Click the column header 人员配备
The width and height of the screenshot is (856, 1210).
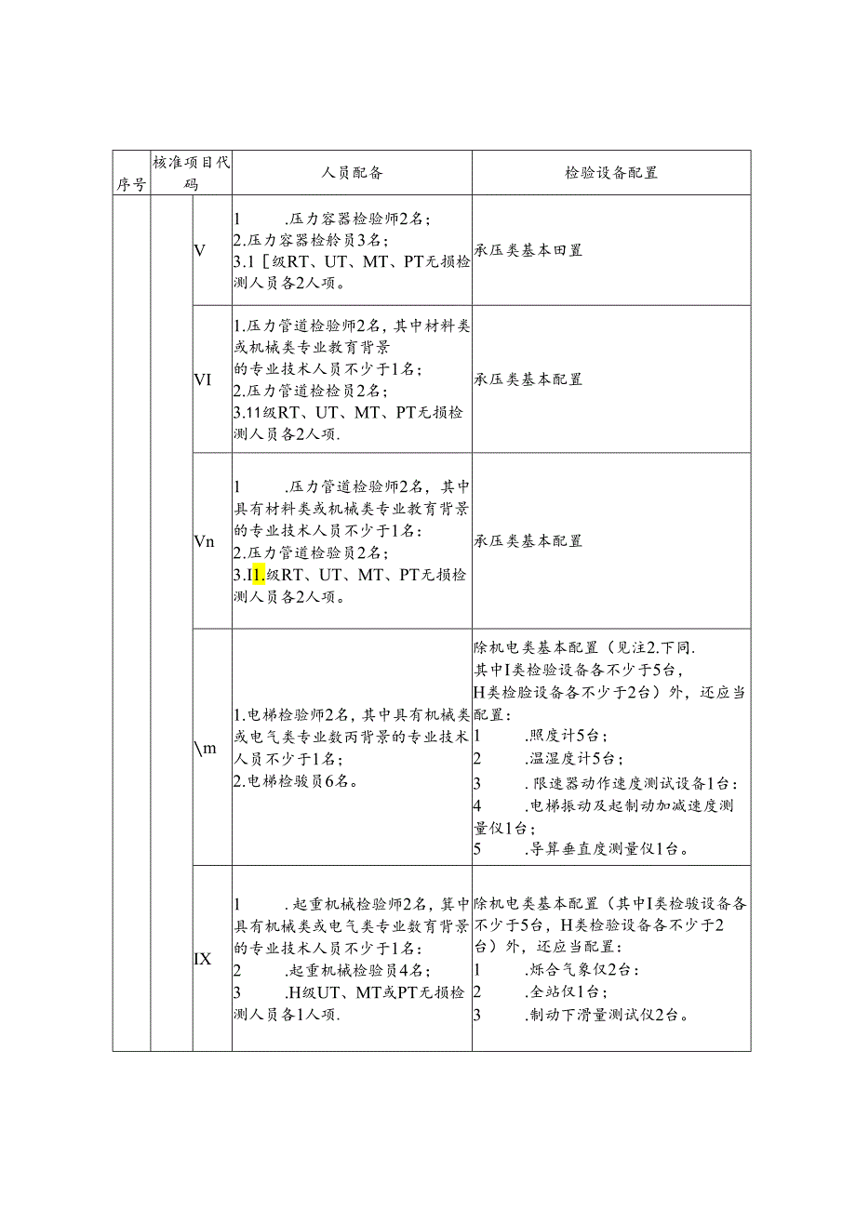352,173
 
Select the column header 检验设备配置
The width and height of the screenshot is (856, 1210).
610,173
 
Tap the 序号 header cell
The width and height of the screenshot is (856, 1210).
131,184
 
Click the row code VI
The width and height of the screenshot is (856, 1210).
203,379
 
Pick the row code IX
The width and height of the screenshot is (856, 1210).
203,959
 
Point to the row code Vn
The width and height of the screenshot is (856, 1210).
205,541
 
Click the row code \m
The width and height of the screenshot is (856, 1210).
206,749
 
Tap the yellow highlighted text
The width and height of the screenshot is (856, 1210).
260,575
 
